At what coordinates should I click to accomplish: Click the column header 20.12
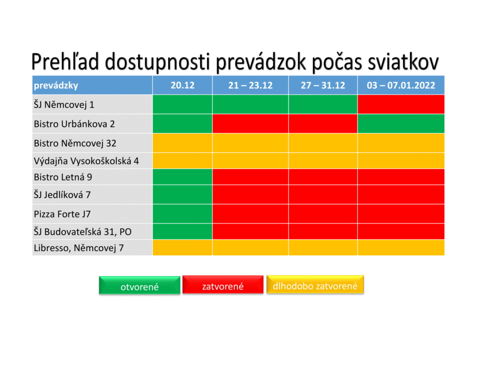click(183, 85)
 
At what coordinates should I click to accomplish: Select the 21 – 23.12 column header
click(250, 85)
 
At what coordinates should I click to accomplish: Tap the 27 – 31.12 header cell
click(323, 85)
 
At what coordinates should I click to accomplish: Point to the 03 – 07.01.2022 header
click(401, 85)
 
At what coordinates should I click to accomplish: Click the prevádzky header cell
click(92, 85)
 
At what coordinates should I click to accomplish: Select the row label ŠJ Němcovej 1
click(64, 104)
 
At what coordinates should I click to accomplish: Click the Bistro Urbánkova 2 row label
click(74, 124)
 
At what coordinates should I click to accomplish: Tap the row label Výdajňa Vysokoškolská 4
click(86, 161)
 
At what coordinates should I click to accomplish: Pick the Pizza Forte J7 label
click(62, 214)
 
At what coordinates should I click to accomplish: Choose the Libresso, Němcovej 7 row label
click(79, 248)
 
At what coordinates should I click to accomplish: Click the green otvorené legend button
click(140, 285)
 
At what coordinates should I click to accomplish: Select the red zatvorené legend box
click(223, 284)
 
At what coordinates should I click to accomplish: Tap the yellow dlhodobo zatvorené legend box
click(315, 284)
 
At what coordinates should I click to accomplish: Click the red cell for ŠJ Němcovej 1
click(401, 104)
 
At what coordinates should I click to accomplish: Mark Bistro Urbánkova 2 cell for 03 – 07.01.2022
click(401, 123)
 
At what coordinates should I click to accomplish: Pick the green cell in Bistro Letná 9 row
click(183, 177)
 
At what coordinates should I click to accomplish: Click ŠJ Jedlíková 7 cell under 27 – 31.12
click(323, 194)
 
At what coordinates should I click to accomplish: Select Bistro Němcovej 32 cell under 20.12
click(183, 143)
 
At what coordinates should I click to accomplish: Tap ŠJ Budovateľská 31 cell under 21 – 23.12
click(250, 231)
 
